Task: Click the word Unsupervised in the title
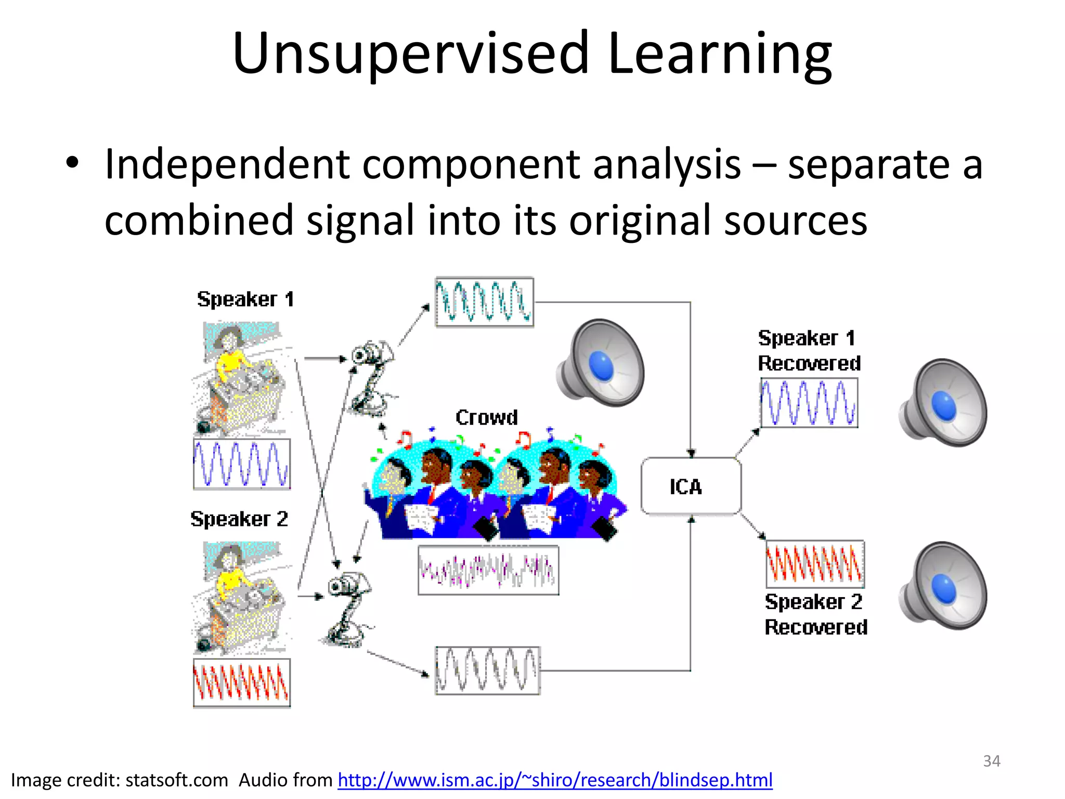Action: pos(410,54)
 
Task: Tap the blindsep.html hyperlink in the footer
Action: pos(555,780)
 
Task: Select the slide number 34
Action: pos(991,761)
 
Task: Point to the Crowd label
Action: pos(486,417)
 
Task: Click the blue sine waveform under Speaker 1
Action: pos(242,464)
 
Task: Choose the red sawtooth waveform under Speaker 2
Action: pos(242,683)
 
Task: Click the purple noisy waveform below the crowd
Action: pos(488,570)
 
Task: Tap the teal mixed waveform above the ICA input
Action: pos(484,302)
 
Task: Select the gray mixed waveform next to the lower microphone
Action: pos(488,671)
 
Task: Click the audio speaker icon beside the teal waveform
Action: pos(601,364)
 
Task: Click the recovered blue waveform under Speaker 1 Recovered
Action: pos(809,403)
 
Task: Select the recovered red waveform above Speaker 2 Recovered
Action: pos(815,564)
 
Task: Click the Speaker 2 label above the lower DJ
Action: pos(239,519)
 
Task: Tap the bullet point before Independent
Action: pos(72,163)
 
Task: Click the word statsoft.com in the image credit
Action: pos(177,780)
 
